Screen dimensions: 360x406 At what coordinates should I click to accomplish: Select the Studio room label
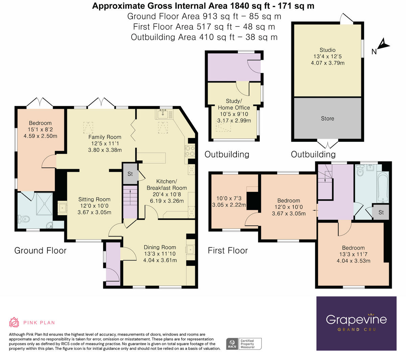click(327, 50)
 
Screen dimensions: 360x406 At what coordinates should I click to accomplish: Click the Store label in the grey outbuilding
click(327, 118)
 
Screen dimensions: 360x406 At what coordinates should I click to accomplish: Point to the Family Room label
click(105, 137)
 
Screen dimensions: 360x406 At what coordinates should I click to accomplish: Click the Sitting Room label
click(94, 199)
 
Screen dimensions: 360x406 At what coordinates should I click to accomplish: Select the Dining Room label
click(160, 247)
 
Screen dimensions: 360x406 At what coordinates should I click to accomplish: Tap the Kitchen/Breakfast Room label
click(166, 185)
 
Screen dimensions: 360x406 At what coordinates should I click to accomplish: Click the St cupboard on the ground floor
click(130, 174)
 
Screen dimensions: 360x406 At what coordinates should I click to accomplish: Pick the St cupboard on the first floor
click(381, 212)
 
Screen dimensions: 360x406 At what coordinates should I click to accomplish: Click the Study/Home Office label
click(234, 104)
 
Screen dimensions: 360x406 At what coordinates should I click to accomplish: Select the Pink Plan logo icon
click(14, 322)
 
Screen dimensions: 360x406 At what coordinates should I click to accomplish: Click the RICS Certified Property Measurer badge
click(244, 344)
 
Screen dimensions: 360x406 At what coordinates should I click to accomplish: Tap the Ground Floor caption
click(40, 250)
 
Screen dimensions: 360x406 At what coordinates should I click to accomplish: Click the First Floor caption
click(228, 250)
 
